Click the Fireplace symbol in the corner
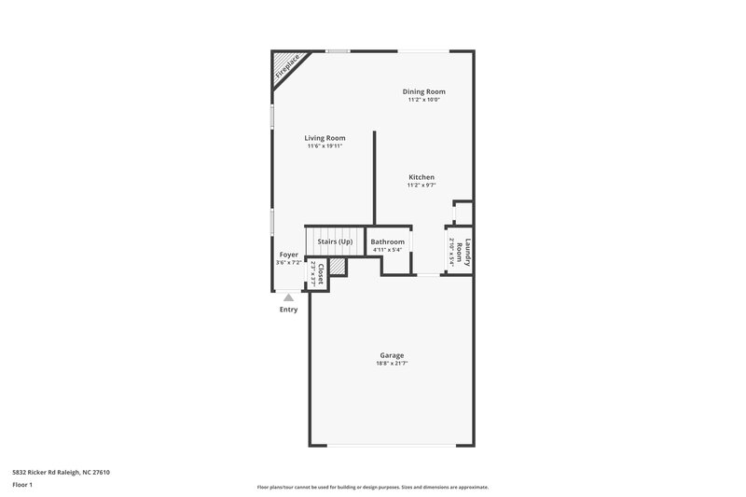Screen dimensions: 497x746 (x=284, y=67)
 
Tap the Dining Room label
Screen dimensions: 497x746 (x=423, y=91)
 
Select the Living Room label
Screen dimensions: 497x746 (x=325, y=138)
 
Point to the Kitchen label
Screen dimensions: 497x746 (x=421, y=177)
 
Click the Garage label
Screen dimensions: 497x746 (x=392, y=355)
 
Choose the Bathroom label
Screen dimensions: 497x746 (x=388, y=242)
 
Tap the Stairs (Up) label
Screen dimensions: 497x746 (x=335, y=242)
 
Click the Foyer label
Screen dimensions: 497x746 (x=288, y=255)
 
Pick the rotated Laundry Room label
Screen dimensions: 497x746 (x=469, y=254)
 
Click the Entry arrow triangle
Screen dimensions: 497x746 (x=288, y=297)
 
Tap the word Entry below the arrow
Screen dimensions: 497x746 (x=288, y=310)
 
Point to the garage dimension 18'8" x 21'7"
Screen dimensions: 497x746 (x=392, y=363)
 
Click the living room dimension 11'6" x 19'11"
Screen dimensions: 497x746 (x=325, y=146)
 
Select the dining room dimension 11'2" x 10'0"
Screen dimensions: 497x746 (x=423, y=100)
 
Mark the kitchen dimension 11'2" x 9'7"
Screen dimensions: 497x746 (x=421, y=186)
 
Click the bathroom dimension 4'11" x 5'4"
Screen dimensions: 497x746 (x=388, y=250)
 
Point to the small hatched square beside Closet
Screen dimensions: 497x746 (x=338, y=267)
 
